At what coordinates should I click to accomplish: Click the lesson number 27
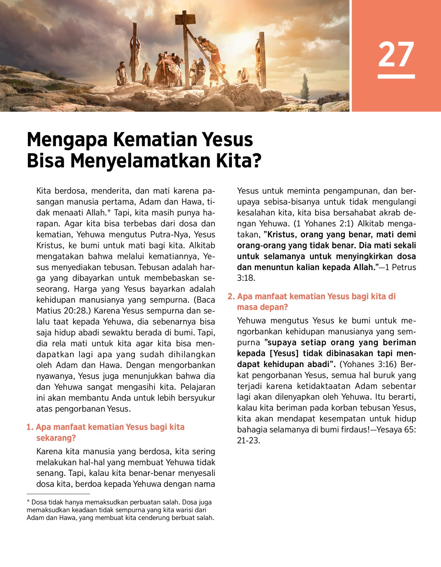coord(396,54)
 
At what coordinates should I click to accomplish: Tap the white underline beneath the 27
coord(396,76)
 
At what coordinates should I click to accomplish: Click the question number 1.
coord(29,427)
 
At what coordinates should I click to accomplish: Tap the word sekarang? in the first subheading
coord(56,438)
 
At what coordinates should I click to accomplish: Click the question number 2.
coord(231,297)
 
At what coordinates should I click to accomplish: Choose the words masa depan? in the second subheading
coord(262,307)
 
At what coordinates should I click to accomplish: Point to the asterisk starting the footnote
coord(28,502)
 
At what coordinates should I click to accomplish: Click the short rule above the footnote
coord(58,494)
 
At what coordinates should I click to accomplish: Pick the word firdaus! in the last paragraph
coord(353,430)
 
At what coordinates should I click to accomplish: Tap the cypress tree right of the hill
coord(305,86)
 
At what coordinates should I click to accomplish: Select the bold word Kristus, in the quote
coord(283,235)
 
